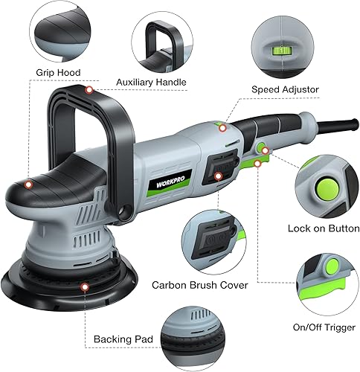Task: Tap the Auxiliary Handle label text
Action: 151,81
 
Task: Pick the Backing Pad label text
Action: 123,340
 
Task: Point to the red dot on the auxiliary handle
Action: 89,91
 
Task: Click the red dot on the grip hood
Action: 28,184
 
